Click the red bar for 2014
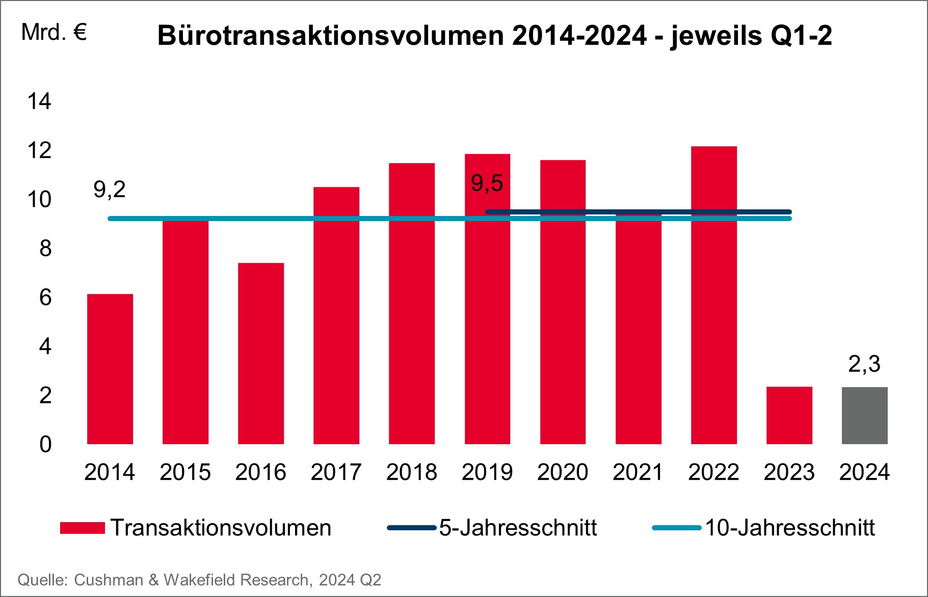click(x=110, y=369)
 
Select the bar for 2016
click(x=261, y=354)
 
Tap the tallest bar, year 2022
click(x=713, y=295)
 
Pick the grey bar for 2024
click(x=864, y=416)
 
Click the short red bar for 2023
click(x=789, y=416)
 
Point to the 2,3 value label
click(x=864, y=364)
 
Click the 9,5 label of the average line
click(x=487, y=183)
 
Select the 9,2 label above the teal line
click(x=110, y=189)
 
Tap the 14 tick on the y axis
click(x=39, y=101)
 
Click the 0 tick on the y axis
click(x=45, y=445)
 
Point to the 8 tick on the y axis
click(x=45, y=249)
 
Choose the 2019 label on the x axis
click(x=487, y=472)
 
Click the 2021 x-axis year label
click(x=638, y=472)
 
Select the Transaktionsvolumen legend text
click(x=221, y=528)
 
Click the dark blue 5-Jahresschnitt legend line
click(x=412, y=528)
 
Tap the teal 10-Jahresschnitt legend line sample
click(x=677, y=528)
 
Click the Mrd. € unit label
click(x=54, y=33)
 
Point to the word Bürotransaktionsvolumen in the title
click(x=330, y=36)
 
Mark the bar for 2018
click(x=412, y=304)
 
